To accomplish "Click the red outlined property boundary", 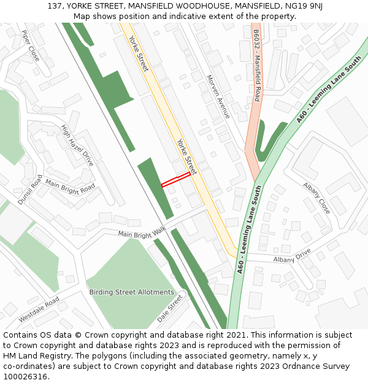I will [x=175, y=180].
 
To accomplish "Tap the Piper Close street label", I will [x=30, y=45].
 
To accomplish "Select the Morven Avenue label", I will [x=218, y=97].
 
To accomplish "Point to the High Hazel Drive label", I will [x=77, y=145].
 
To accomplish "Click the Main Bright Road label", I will [x=70, y=187].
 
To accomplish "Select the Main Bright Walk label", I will [x=142, y=232].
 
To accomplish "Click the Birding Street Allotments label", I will [x=131, y=292].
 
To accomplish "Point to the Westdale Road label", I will [x=39, y=309].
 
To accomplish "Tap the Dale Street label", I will [x=170, y=308].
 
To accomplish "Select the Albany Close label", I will [x=316, y=198].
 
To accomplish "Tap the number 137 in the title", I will [x=55, y=6].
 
